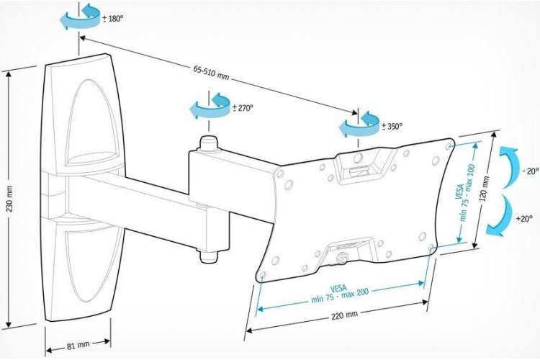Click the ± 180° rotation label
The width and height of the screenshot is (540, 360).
pyautogui.click(x=112, y=19)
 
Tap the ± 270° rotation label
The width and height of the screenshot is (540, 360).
pyautogui.click(x=243, y=108)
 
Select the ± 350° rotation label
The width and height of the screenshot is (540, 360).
pyautogui.click(x=392, y=127)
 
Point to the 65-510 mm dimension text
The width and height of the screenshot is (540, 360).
pyautogui.click(x=211, y=72)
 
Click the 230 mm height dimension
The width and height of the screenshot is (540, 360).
pyautogui.click(x=9, y=199)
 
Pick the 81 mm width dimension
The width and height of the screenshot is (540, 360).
pyautogui.click(x=78, y=345)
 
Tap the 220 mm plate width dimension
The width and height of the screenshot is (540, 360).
pyautogui.click(x=344, y=315)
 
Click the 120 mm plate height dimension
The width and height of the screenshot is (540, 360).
pyautogui.click(x=485, y=189)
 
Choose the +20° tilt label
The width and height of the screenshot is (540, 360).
pyautogui.click(x=524, y=218)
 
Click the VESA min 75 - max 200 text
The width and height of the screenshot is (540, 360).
pyautogui.click(x=339, y=294)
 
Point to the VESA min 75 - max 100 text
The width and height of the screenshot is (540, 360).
pyautogui.click(x=464, y=192)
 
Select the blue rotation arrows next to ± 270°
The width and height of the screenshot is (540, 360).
pyautogui.click(x=210, y=105)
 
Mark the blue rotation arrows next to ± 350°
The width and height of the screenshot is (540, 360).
pyautogui.click(x=359, y=125)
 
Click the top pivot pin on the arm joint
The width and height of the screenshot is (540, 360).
pyautogui.click(x=209, y=143)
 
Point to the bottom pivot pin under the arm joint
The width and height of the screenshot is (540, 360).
pyautogui.click(x=209, y=256)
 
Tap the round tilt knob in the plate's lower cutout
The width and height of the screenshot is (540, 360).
pyautogui.click(x=341, y=258)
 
